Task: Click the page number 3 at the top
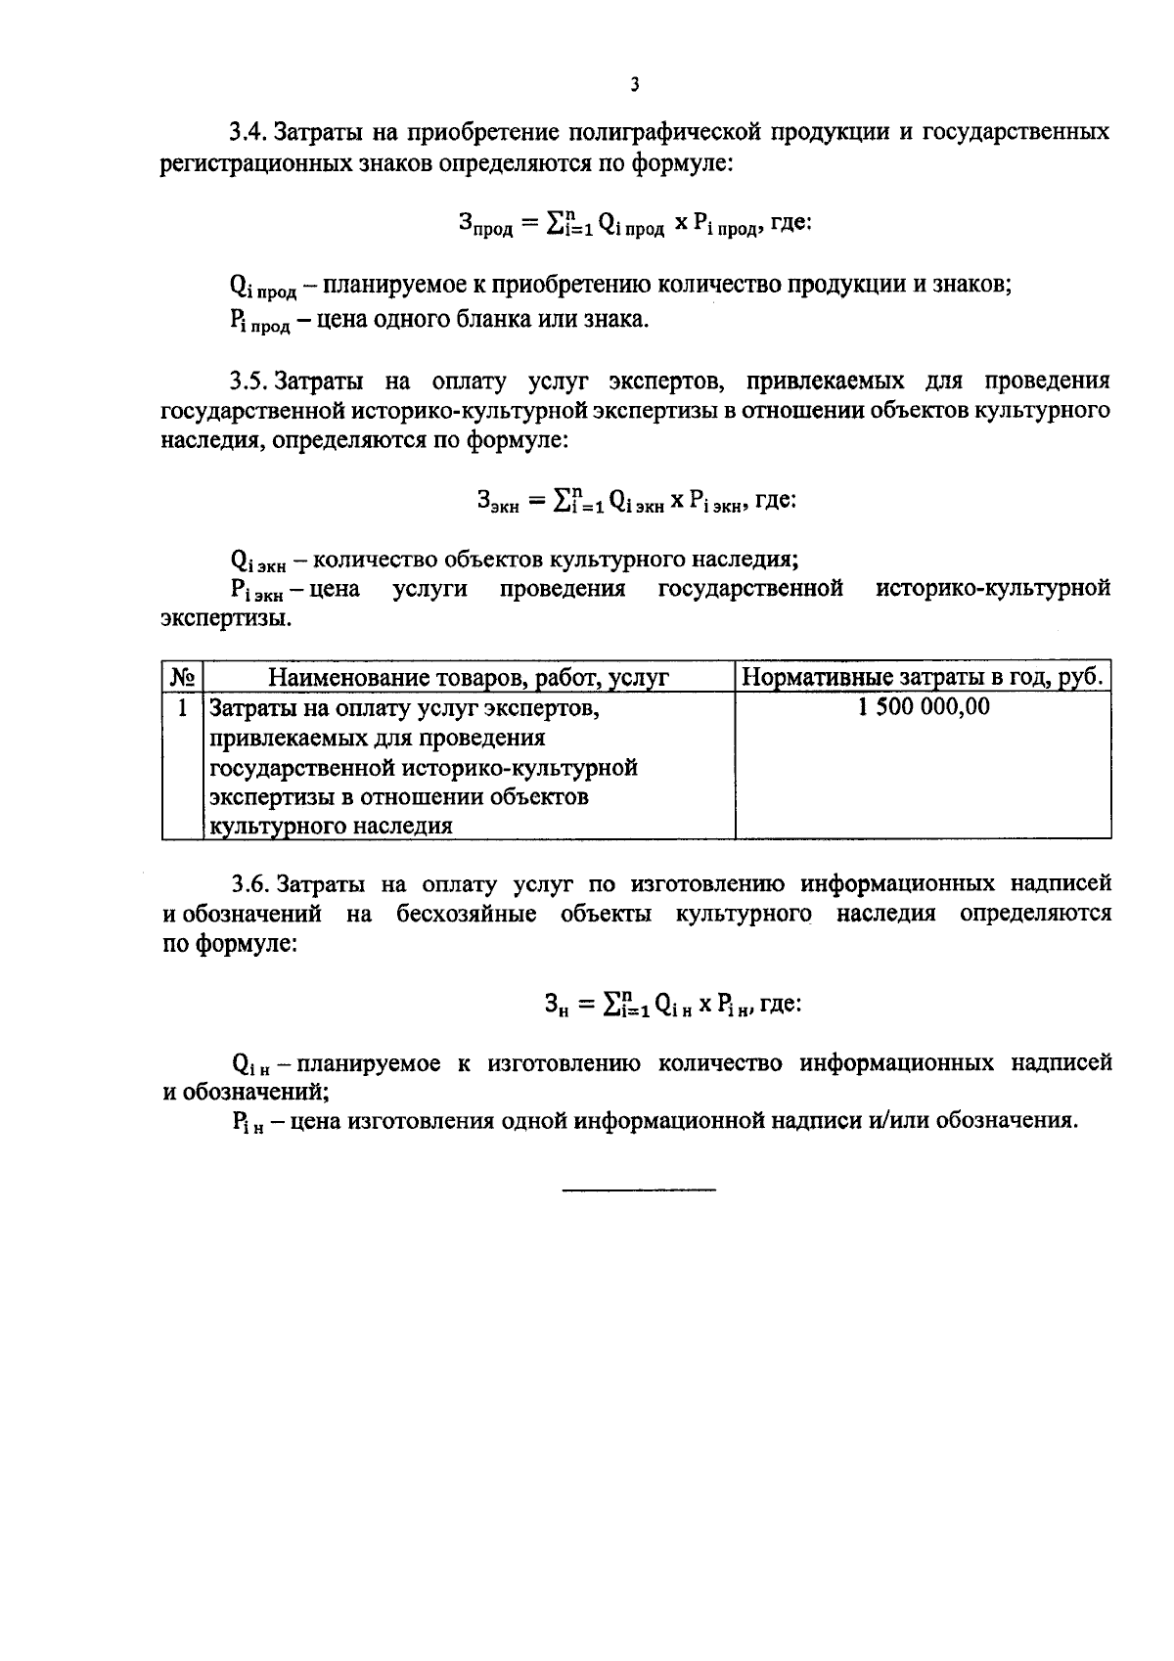point(634,85)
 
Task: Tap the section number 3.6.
point(249,884)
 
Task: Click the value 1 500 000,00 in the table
point(923,706)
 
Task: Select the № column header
point(182,677)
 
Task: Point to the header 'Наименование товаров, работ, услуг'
point(468,677)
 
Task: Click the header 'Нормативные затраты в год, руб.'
point(923,677)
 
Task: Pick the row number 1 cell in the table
point(182,706)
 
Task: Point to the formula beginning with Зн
point(673,1004)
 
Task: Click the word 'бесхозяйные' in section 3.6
point(467,914)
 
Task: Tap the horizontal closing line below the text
point(639,1189)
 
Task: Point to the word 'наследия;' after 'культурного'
point(746,560)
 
